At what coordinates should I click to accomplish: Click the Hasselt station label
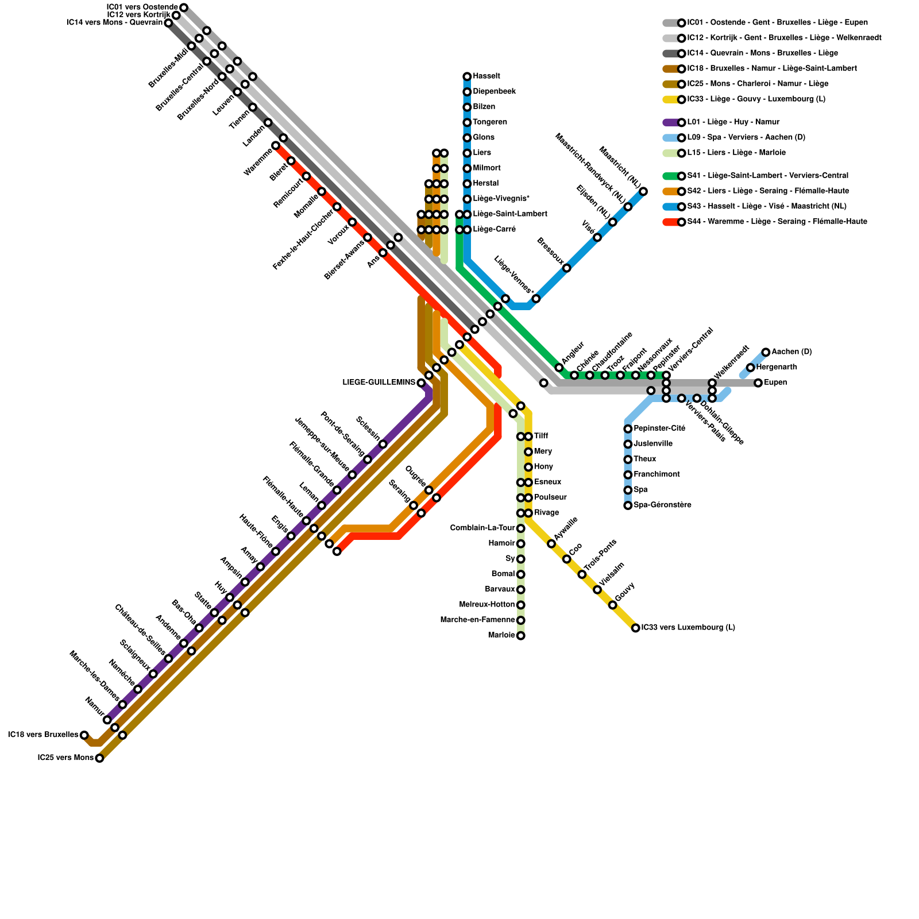click(x=486, y=76)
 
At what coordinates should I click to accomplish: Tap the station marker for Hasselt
click(x=467, y=76)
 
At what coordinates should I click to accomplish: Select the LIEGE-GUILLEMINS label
click(x=379, y=383)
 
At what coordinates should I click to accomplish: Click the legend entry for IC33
click(x=756, y=99)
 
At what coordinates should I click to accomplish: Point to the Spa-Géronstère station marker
click(x=628, y=505)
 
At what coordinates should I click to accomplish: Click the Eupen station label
click(x=775, y=383)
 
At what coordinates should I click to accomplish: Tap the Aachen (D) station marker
click(x=766, y=352)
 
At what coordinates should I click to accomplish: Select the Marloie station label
click(x=501, y=635)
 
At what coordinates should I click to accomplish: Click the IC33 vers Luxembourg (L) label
click(x=688, y=628)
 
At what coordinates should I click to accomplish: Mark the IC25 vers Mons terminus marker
click(x=99, y=758)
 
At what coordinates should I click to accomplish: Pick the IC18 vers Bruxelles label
click(x=43, y=735)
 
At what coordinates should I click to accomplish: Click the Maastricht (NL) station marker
click(x=643, y=191)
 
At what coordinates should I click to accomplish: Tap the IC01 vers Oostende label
click(x=142, y=7)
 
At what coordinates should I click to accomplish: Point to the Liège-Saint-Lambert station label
click(x=509, y=214)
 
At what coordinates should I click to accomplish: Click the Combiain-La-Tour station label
click(x=482, y=528)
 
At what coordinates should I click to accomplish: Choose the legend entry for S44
click(x=777, y=222)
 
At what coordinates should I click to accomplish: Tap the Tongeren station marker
click(x=467, y=122)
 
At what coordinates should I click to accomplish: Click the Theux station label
click(x=645, y=459)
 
